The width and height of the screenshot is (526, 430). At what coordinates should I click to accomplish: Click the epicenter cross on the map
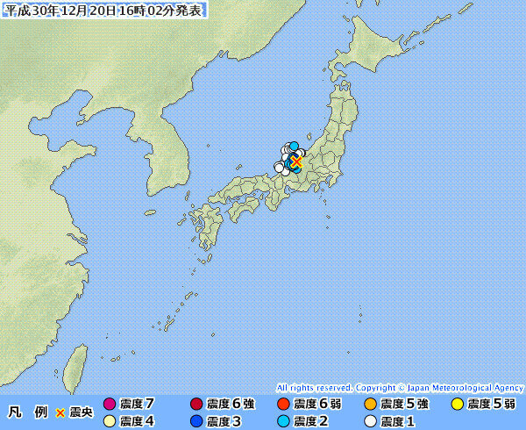[x=296, y=162]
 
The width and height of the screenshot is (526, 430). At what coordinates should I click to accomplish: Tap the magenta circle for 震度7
[x=110, y=405]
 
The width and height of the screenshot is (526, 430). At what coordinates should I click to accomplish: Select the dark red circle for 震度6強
[x=196, y=405]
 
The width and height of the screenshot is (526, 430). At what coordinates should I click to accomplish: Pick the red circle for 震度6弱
[x=283, y=405]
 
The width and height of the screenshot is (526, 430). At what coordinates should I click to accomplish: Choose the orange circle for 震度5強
[x=370, y=405]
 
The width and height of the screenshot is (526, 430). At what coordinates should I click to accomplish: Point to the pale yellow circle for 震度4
[x=110, y=421]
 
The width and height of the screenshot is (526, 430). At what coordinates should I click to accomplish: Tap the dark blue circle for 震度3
[x=196, y=421]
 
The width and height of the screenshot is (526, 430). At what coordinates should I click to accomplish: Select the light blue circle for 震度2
[x=283, y=421]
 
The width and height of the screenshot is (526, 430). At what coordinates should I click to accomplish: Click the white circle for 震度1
[x=370, y=421]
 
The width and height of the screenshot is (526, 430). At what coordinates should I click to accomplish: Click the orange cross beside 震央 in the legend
[x=60, y=412]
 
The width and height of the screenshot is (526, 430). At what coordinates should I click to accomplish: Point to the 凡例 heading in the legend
[x=27, y=412]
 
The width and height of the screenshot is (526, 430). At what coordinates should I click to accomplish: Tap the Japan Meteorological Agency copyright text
[x=400, y=387]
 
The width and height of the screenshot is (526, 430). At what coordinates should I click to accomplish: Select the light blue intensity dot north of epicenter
[x=295, y=147]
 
